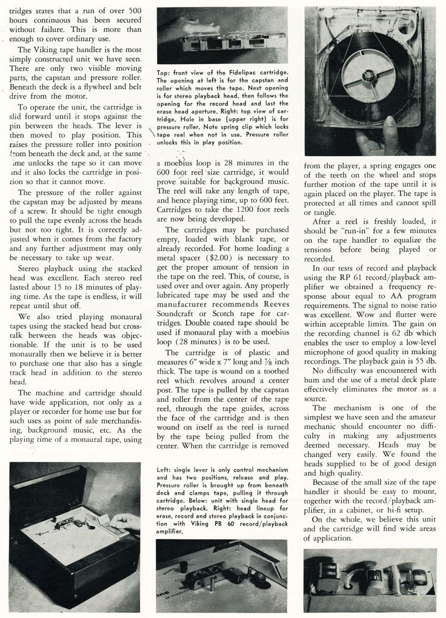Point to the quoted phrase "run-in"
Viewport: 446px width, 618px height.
(351, 228)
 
